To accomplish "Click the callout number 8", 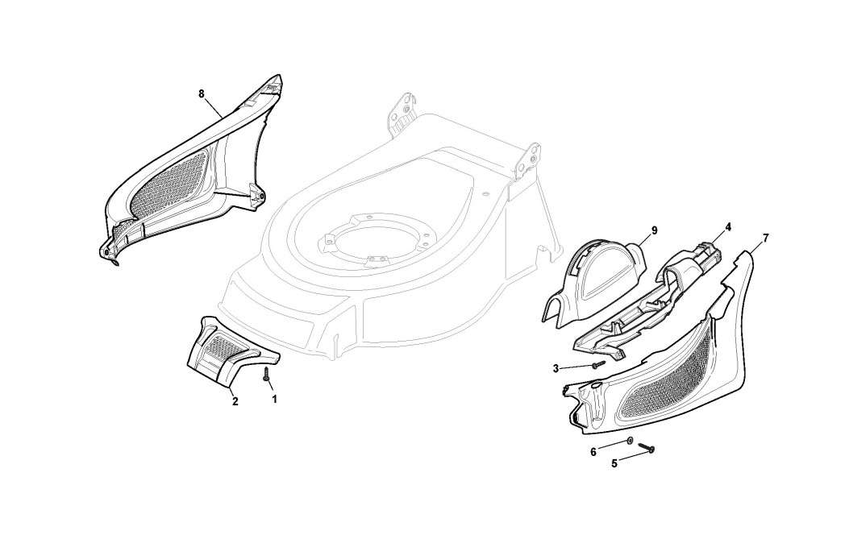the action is pyautogui.click(x=202, y=93).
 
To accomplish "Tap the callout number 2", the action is pyautogui.click(x=235, y=401).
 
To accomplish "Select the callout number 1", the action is pyautogui.click(x=274, y=398).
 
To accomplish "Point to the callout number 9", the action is pyautogui.click(x=654, y=230).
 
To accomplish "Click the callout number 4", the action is pyautogui.click(x=728, y=227).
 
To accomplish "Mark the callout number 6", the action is pyautogui.click(x=593, y=452).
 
